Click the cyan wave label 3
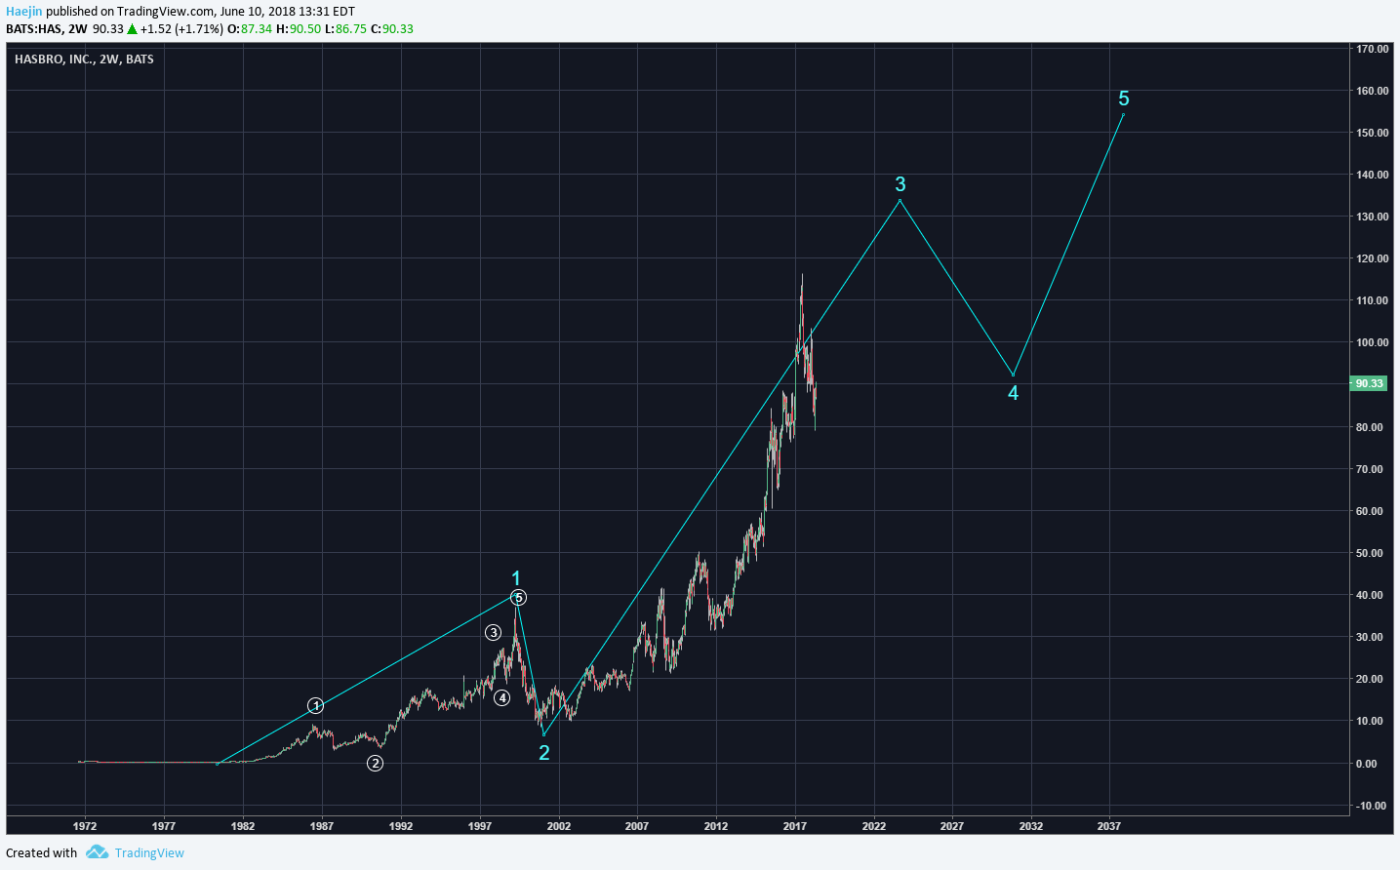coord(900,184)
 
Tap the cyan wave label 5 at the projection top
coord(1124,99)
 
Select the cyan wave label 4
coord(1013,393)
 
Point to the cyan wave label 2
coord(544,752)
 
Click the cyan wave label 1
coord(516,578)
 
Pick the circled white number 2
coord(375,763)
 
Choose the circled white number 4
coord(501,697)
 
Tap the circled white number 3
coord(493,633)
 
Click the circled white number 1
coord(315,705)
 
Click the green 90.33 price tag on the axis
coord(1369,383)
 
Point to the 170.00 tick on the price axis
coord(1372,49)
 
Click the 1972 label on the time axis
coord(85,826)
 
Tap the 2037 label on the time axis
coord(1108,826)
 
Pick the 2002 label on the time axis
coord(558,826)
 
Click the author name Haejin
coord(24,12)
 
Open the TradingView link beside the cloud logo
coord(149,852)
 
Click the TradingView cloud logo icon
coord(97,851)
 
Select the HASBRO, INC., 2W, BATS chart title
coord(84,59)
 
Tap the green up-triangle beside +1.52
coord(132,29)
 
